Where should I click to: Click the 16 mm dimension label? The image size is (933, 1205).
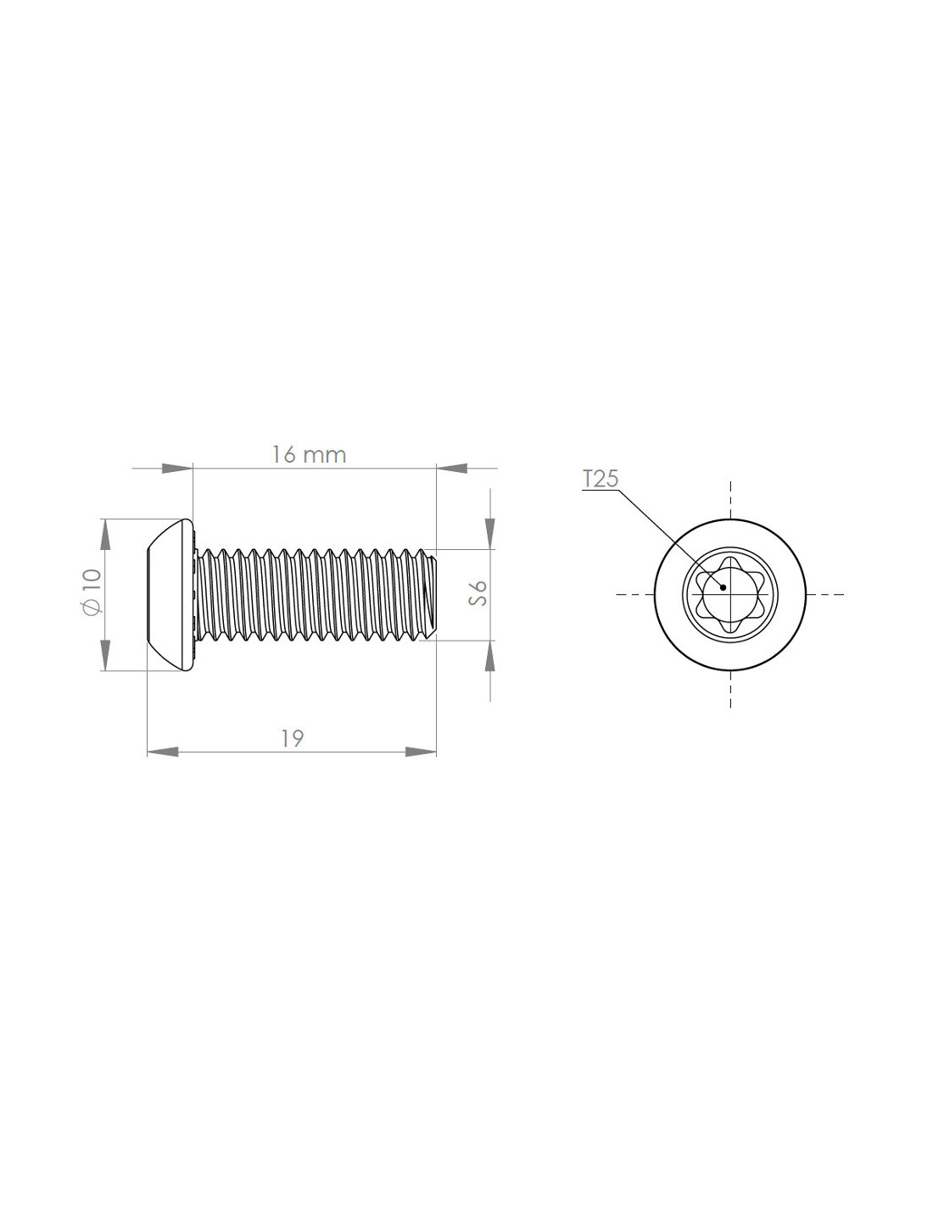309,455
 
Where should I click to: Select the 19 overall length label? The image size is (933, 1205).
292,739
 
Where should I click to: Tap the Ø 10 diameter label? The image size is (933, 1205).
91,591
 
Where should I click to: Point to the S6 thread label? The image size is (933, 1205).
478,593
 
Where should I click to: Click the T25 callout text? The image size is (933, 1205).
600,479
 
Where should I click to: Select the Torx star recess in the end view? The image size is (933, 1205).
729,595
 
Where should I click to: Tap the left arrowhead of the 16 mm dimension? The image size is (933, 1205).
177,469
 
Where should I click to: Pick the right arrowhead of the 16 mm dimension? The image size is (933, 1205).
452,469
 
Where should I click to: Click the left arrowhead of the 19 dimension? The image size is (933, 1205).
163,752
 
